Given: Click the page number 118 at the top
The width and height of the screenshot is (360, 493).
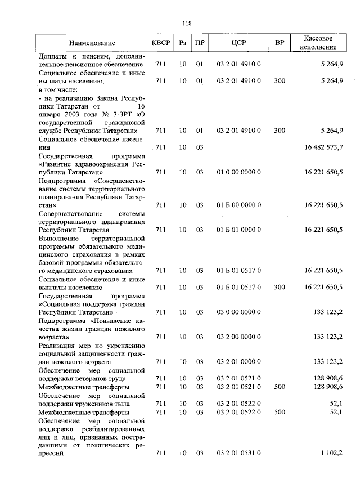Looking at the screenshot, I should pos(187,23).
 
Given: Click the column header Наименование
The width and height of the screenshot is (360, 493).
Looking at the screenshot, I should pos(92,43).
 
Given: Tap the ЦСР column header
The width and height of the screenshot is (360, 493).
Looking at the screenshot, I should pos(239,43).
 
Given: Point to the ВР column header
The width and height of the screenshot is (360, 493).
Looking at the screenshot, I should pos(280,43).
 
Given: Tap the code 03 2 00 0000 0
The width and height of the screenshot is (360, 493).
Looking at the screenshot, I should pos(238,337).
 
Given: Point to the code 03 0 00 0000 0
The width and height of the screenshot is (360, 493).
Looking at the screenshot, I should pos(238,312).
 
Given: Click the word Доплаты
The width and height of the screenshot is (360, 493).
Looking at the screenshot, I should pos(51,56).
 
